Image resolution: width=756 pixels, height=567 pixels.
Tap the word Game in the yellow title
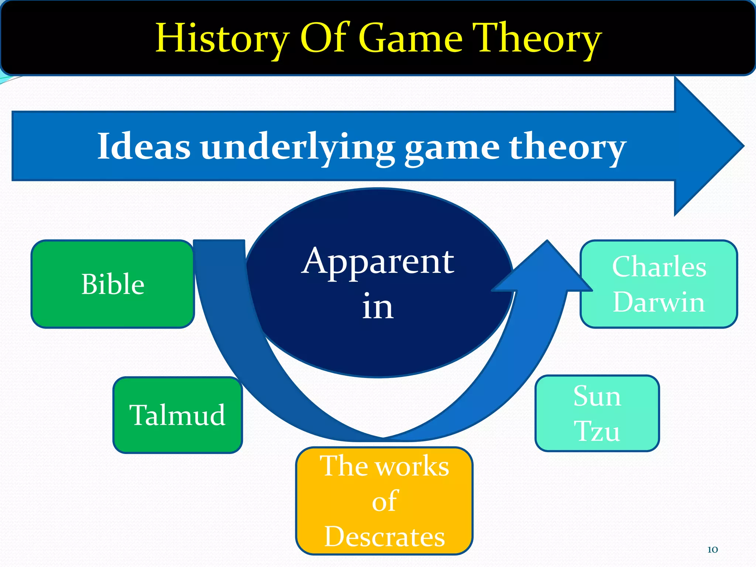[x=410, y=38]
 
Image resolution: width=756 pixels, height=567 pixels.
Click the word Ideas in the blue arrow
[x=144, y=147]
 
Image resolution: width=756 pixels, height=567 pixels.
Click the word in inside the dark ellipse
[x=378, y=306]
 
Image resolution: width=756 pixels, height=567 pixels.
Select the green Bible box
[x=113, y=284]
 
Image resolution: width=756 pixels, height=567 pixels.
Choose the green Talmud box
[x=178, y=415]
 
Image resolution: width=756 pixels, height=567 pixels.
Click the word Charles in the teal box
[x=659, y=267]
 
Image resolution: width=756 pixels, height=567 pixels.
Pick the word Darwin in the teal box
[x=659, y=302]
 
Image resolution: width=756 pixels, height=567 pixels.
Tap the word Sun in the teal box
[x=597, y=396]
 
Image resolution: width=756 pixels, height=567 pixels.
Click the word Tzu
[x=597, y=431]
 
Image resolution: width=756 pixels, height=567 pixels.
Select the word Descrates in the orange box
[x=384, y=536]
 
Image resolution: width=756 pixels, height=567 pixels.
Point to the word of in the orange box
[x=384, y=501]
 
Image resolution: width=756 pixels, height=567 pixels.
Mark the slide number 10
[x=712, y=550]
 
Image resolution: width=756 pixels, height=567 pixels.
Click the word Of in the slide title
[x=323, y=38]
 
